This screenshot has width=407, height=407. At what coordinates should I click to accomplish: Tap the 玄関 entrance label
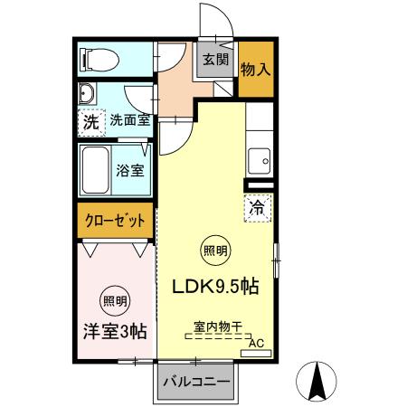[x=214, y=61]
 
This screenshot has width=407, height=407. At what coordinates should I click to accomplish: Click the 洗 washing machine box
[x=90, y=120]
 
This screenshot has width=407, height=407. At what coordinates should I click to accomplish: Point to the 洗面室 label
[x=129, y=120]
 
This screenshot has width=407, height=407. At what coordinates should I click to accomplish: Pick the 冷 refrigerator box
[x=257, y=207]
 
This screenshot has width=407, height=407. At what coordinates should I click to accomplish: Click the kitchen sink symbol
[x=260, y=160]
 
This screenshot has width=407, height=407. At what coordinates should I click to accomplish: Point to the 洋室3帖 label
[x=114, y=330]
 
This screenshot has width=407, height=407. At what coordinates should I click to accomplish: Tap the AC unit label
[x=256, y=344]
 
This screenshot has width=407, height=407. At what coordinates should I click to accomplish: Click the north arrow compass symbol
[x=319, y=383]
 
